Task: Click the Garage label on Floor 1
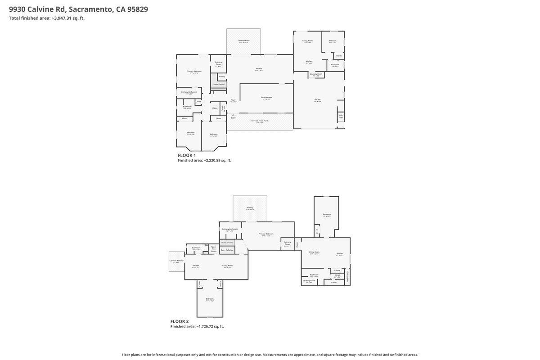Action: click(x=317, y=99)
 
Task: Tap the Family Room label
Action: click(x=267, y=97)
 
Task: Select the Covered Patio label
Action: click(x=243, y=40)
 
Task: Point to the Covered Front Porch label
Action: click(x=260, y=121)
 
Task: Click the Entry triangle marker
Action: click(x=233, y=115)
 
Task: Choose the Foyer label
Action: click(x=233, y=100)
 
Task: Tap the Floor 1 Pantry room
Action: click(x=222, y=76)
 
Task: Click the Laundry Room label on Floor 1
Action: click(x=316, y=74)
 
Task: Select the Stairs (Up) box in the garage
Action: click(x=341, y=116)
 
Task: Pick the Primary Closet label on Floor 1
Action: click(x=218, y=63)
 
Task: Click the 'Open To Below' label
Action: click(x=227, y=250)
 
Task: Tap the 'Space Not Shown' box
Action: click(x=214, y=248)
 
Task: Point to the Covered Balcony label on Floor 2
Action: click(x=176, y=261)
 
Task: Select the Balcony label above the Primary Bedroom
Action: click(x=250, y=207)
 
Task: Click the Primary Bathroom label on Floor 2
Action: click(x=230, y=229)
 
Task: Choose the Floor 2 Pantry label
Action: click(x=337, y=270)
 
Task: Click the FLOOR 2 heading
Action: click(x=180, y=321)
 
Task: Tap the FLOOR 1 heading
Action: click(x=187, y=155)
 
